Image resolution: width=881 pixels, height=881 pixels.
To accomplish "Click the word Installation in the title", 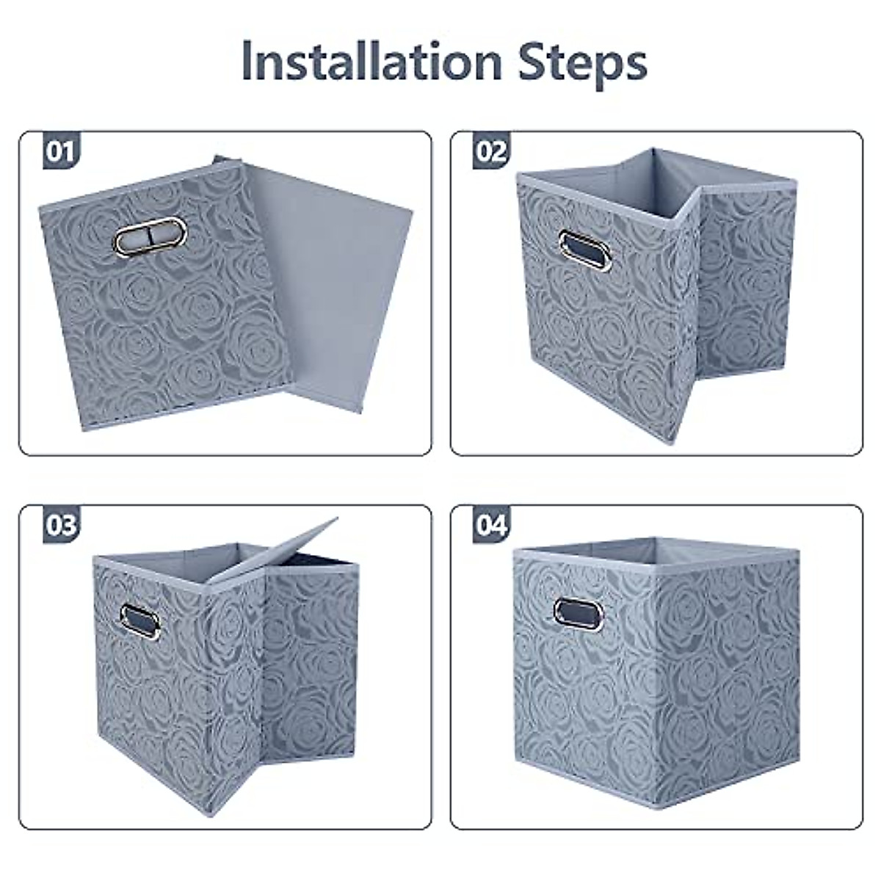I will [371, 62].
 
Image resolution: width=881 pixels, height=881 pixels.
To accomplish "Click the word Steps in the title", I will [583, 63].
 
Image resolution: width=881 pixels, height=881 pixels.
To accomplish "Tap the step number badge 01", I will [60, 151].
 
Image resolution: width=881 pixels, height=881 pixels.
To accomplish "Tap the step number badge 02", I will [491, 151].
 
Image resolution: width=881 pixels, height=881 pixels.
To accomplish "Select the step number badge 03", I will [60, 525].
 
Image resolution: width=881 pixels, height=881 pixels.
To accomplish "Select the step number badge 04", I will [491, 525].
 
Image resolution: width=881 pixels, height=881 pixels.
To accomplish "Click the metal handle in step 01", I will [151, 236].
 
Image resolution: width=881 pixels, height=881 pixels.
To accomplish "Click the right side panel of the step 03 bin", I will [312, 661].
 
